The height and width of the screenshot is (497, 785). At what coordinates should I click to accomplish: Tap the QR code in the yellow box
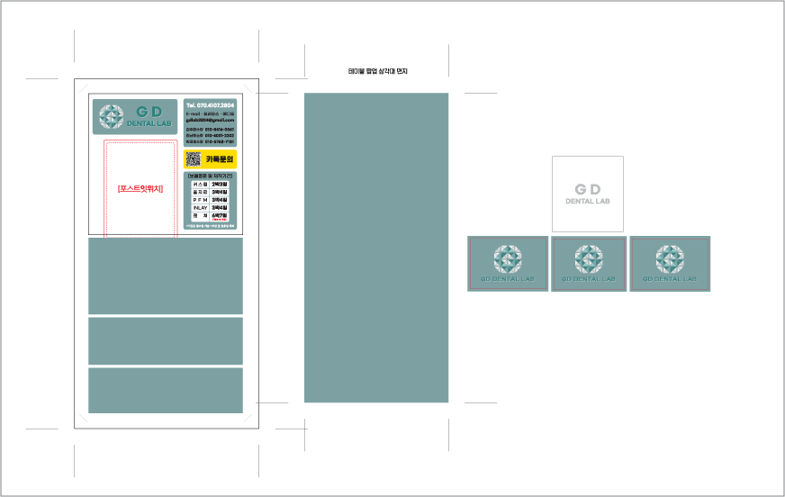tap(193, 159)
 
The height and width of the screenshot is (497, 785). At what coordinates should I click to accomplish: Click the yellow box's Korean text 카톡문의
tap(220, 159)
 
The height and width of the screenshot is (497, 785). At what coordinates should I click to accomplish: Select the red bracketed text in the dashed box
tap(140, 189)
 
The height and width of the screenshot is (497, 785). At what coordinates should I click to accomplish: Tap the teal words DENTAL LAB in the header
tap(149, 123)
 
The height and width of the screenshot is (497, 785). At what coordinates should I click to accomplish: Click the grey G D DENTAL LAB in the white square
tap(588, 194)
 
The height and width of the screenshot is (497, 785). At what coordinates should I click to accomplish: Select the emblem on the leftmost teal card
tap(508, 259)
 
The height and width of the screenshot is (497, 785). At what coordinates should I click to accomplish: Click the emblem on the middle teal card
tap(589, 259)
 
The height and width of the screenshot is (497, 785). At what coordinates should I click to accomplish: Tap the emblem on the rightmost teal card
tap(670, 259)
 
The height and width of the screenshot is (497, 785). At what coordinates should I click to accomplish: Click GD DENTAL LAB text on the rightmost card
tap(670, 279)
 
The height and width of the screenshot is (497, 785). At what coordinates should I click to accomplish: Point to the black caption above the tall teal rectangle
tap(377, 71)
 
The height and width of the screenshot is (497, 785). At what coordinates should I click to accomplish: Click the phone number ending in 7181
tap(219, 141)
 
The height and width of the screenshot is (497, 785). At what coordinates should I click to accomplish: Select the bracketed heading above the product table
tap(210, 176)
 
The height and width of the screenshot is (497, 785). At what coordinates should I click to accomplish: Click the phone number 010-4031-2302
tap(219, 135)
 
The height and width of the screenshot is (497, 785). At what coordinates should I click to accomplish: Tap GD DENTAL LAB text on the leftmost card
tap(508, 279)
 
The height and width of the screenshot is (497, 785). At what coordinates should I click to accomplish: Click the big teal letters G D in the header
tap(149, 111)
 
